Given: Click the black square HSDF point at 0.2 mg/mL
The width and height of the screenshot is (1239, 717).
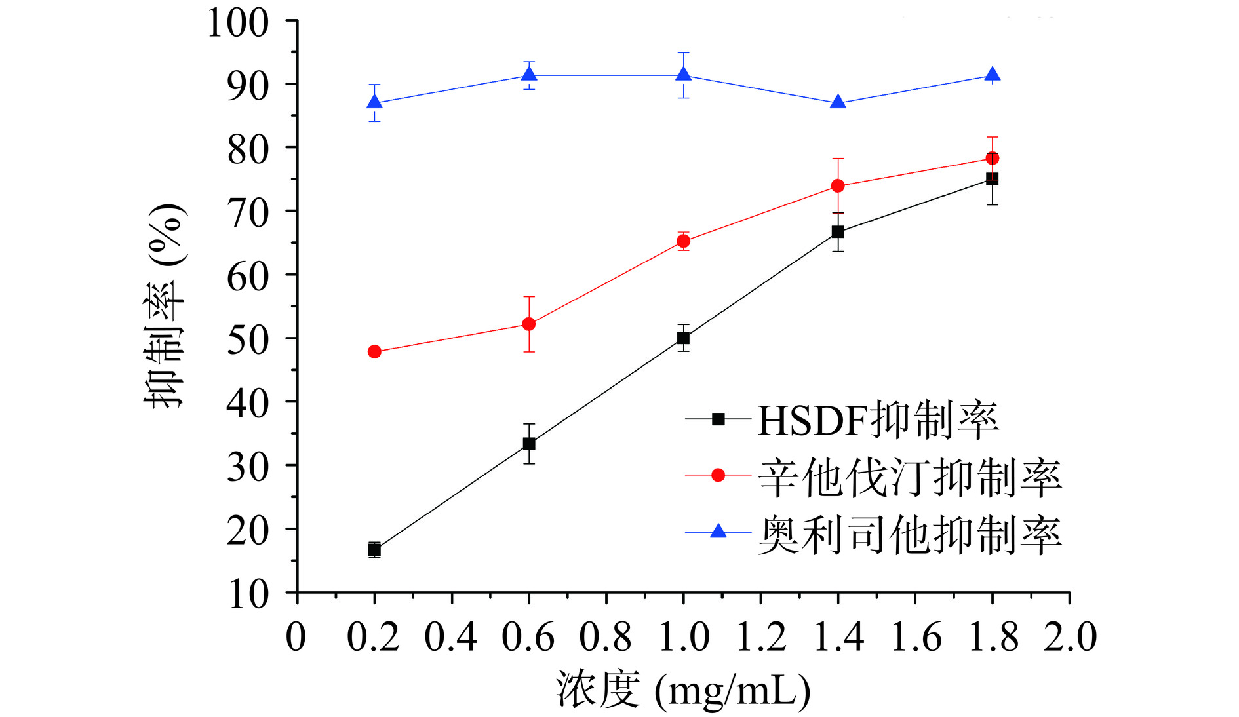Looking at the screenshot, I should (374, 550).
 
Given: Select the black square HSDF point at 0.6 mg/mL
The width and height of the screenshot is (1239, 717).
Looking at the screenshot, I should (529, 444).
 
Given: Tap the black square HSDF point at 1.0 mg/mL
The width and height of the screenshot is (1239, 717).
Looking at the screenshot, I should (683, 338).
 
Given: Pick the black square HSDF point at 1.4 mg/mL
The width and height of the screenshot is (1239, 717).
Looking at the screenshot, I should (838, 232).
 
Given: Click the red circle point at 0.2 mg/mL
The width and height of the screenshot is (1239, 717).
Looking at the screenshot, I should (374, 352).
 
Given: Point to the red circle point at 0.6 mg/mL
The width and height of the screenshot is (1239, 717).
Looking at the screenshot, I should (529, 324).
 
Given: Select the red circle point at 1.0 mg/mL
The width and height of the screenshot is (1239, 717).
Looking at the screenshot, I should (683, 241).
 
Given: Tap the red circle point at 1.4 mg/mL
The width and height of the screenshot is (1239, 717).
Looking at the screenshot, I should (838, 186).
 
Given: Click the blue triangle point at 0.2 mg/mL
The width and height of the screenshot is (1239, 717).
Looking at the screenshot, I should (374, 102).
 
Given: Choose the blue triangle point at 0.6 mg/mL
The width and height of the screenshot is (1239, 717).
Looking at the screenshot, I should (529, 75).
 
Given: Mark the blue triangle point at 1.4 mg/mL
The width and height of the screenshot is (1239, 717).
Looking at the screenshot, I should (838, 102).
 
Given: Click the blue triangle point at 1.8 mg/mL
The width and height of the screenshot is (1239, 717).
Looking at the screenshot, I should (993, 75).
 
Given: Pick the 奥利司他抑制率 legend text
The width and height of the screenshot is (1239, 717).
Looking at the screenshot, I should (909, 534).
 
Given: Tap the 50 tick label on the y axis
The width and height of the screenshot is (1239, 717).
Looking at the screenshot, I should (248, 339).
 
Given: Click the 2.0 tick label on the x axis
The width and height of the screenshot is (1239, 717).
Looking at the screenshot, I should (1070, 636).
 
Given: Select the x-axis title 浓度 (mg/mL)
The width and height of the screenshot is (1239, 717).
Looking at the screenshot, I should (683, 690).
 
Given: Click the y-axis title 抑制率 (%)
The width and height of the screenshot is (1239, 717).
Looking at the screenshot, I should (165, 306).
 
